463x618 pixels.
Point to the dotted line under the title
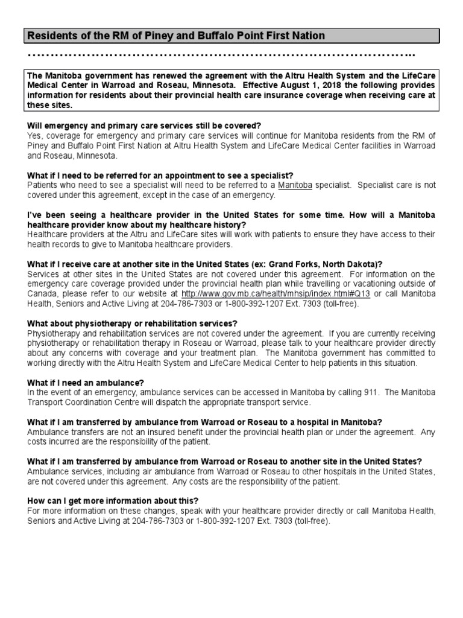[x=221, y=56]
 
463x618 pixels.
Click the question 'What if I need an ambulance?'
[x=86, y=383]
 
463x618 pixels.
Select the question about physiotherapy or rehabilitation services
[x=133, y=323]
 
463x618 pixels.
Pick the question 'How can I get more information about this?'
[x=113, y=501]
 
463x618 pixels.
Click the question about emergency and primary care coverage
[x=144, y=126]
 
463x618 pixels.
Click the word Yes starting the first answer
[x=34, y=135]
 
